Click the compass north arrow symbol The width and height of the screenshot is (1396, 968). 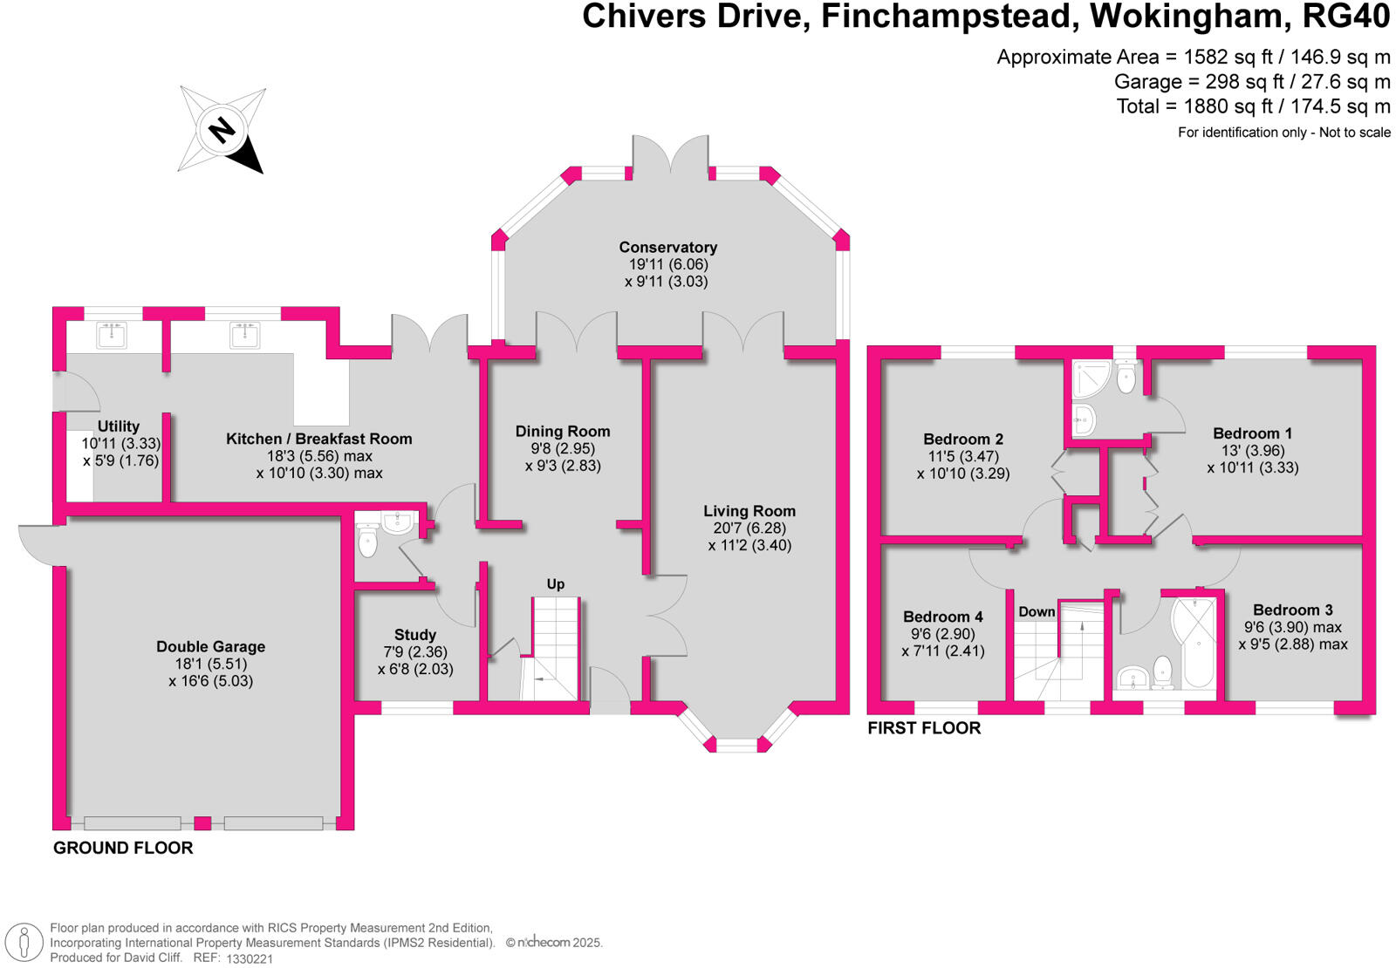(x=222, y=130)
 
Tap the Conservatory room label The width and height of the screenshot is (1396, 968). (x=667, y=248)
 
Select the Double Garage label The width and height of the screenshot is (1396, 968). (x=210, y=647)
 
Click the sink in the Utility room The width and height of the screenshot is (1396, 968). (x=112, y=334)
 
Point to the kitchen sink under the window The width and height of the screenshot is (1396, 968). (x=244, y=334)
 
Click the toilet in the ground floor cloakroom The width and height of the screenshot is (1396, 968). (x=368, y=542)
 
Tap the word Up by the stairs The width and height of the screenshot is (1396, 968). (x=556, y=584)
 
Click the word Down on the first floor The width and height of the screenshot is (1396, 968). (x=1037, y=612)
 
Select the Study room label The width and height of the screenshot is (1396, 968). (x=414, y=635)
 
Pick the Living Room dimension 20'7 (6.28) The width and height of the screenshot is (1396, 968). (x=749, y=528)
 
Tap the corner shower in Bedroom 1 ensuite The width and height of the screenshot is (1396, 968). (x=1091, y=379)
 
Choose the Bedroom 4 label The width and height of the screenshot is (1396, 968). (x=942, y=617)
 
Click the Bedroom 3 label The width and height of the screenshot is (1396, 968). (x=1292, y=610)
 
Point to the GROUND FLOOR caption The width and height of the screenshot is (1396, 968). (x=123, y=848)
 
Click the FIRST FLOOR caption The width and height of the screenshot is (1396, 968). (x=924, y=728)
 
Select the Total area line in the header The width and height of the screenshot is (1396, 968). (x=1253, y=106)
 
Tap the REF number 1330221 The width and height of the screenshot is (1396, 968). (x=250, y=958)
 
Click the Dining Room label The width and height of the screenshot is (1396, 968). (x=562, y=432)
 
